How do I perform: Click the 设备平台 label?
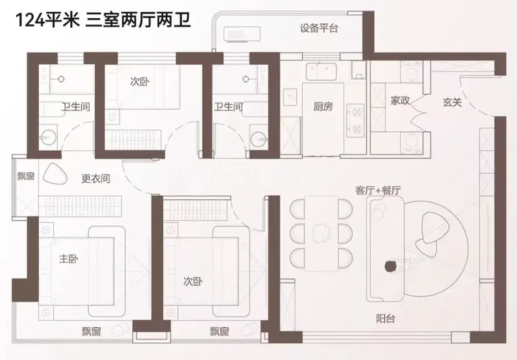(x=319, y=29)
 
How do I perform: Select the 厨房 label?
(x=323, y=107)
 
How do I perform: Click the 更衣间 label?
(x=96, y=179)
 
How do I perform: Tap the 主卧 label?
(x=68, y=259)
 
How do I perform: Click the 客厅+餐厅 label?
(x=378, y=190)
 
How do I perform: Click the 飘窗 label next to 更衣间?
(x=25, y=177)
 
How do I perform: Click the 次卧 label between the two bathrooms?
(x=139, y=81)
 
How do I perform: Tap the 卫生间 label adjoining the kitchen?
(x=228, y=107)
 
